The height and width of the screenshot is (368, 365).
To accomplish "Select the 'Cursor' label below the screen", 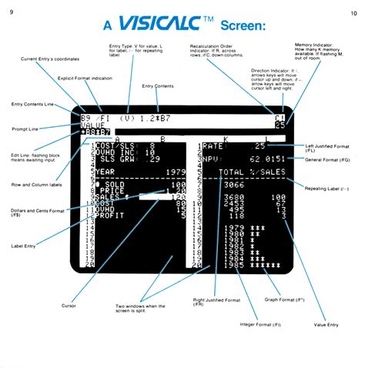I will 69,306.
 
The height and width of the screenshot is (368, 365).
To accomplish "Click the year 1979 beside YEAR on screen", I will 178,172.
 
